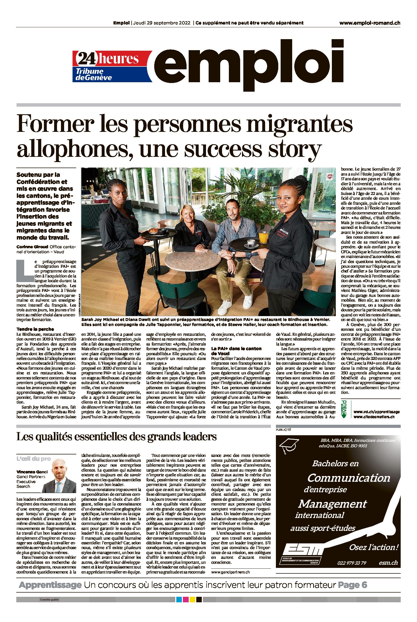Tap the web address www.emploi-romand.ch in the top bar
[370, 23]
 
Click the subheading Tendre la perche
[35, 329]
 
